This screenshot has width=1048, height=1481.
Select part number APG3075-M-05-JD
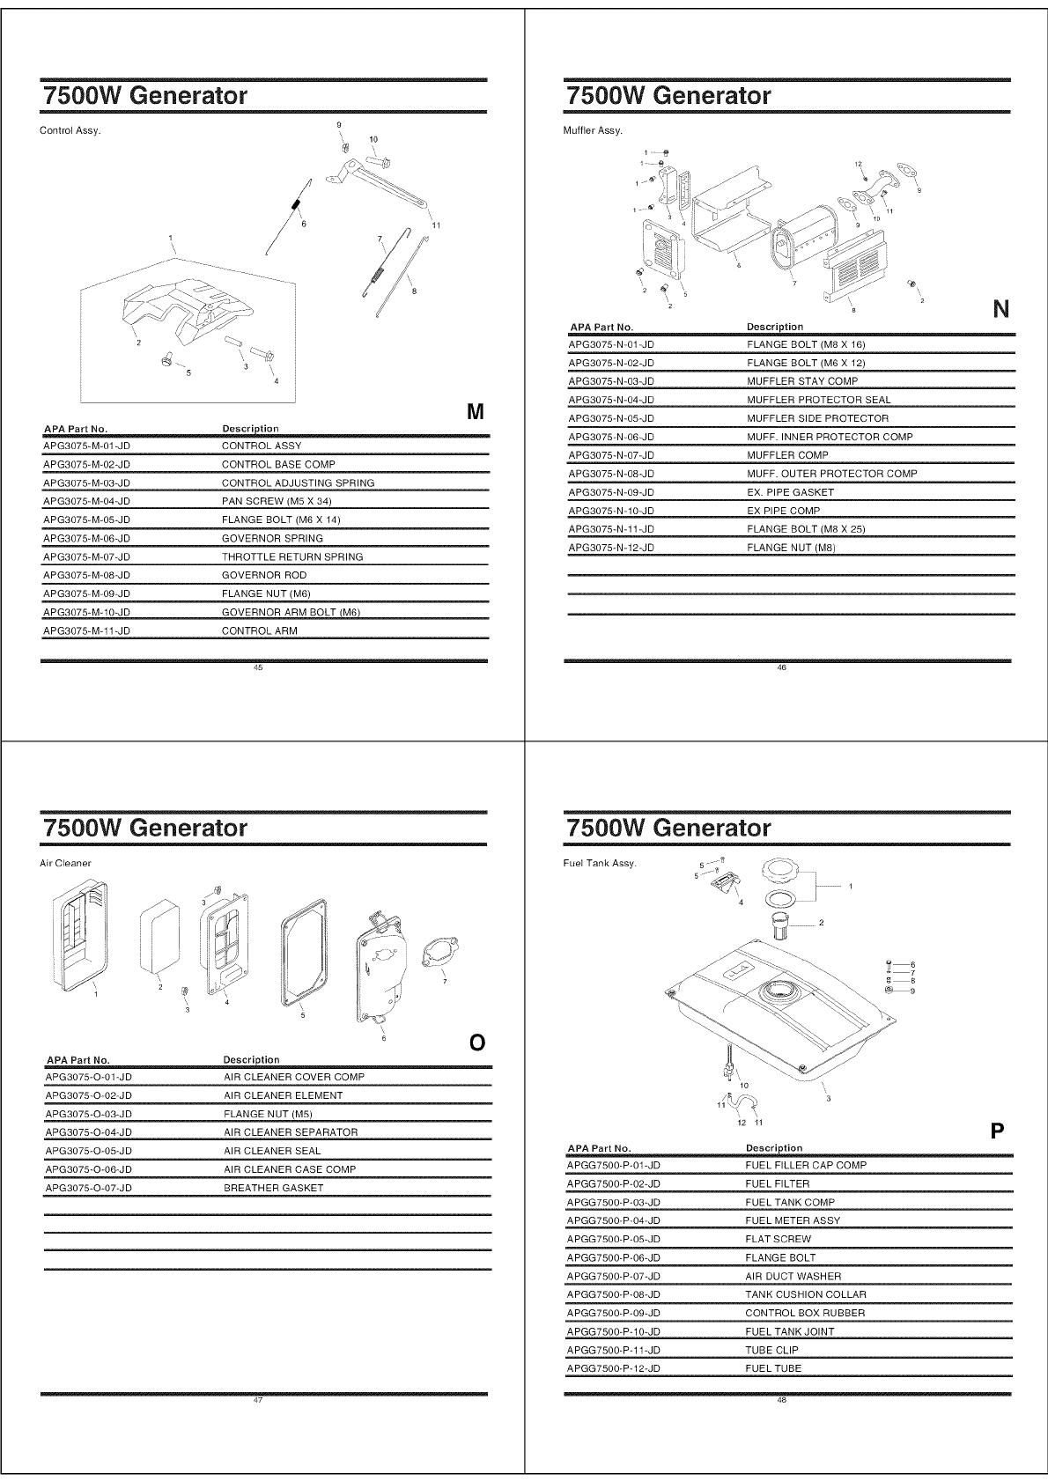coord(86,519)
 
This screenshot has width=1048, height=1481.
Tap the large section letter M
coord(476,411)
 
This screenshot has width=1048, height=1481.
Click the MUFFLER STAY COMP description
coord(801,381)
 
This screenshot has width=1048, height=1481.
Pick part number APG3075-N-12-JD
coord(611,548)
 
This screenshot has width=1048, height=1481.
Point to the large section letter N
coord(1000,309)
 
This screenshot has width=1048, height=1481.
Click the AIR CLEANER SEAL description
coord(272,1151)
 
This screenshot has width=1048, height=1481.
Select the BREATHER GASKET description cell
coord(273,1188)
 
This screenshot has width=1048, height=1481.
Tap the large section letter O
coord(476,1043)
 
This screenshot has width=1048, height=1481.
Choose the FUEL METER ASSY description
coord(793,1220)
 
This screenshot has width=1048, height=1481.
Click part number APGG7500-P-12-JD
coord(613,1368)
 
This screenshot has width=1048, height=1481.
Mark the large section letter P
coord(998,1131)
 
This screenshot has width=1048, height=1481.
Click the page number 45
coord(258,667)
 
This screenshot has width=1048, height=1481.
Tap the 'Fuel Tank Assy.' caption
coord(599,863)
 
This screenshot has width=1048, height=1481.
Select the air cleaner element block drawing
coord(159,935)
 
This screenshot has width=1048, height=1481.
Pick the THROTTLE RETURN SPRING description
coord(292,556)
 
